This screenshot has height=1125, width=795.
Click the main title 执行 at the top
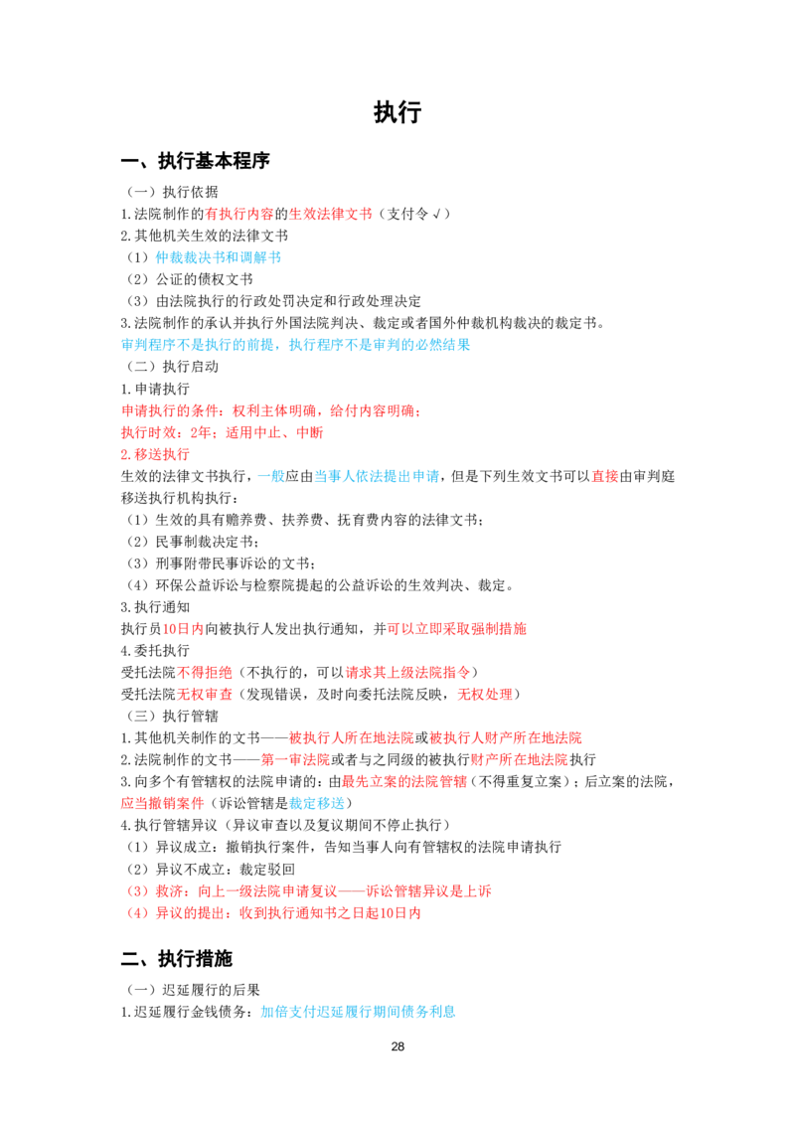pyautogui.click(x=397, y=112)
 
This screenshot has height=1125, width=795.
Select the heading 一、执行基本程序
pyautogui.click(x=195, y=161)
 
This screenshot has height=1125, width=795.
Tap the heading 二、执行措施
pyautogui.click(x=177, y=959)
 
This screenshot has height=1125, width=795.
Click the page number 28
pyautogui.click(x=397, y=1046)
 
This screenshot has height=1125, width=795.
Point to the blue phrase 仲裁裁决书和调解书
pyautogui.click(x=218, y=257)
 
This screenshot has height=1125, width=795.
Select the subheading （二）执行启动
pyautogui.click(x=173, y=367)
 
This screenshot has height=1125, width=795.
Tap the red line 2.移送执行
pyautogui.click(x=155, y=454)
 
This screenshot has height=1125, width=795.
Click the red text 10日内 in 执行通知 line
pyautogui.click(x=183, y=629)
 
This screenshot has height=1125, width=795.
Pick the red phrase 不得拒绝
pyautogui.click(x=205, y=672)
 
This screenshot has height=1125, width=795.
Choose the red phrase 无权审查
pyautogui.click(x=205, y=695)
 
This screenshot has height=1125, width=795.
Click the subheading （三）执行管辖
pyautogui.click(x=173, y=716)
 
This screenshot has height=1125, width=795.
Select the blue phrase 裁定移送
pyautogui.click(x=316, y=804)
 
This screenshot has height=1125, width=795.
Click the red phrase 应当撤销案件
pyautogui.click(x=162, y=804)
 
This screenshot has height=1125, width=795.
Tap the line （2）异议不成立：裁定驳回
pyautogui.click(x=211, y=870)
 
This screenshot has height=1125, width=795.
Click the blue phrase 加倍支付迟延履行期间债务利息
pyautogui.click(x=358, y=1012)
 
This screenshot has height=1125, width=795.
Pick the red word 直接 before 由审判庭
pyautogui.click(x=605, y=476)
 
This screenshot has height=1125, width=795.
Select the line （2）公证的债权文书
pyautogui.click(x=190, y=279)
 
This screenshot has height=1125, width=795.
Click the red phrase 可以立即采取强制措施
pyautogui.click(x=456, y=629)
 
